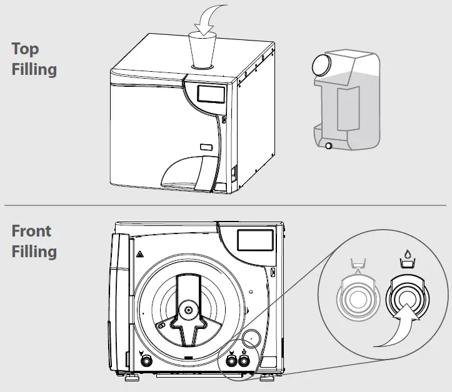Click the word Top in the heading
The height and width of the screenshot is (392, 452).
26,50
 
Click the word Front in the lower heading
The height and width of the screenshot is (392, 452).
31,232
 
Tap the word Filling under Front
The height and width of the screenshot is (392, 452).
34,252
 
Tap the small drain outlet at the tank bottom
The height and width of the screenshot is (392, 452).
328,146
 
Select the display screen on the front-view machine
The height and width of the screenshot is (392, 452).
255,239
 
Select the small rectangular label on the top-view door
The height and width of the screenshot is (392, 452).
205,147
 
